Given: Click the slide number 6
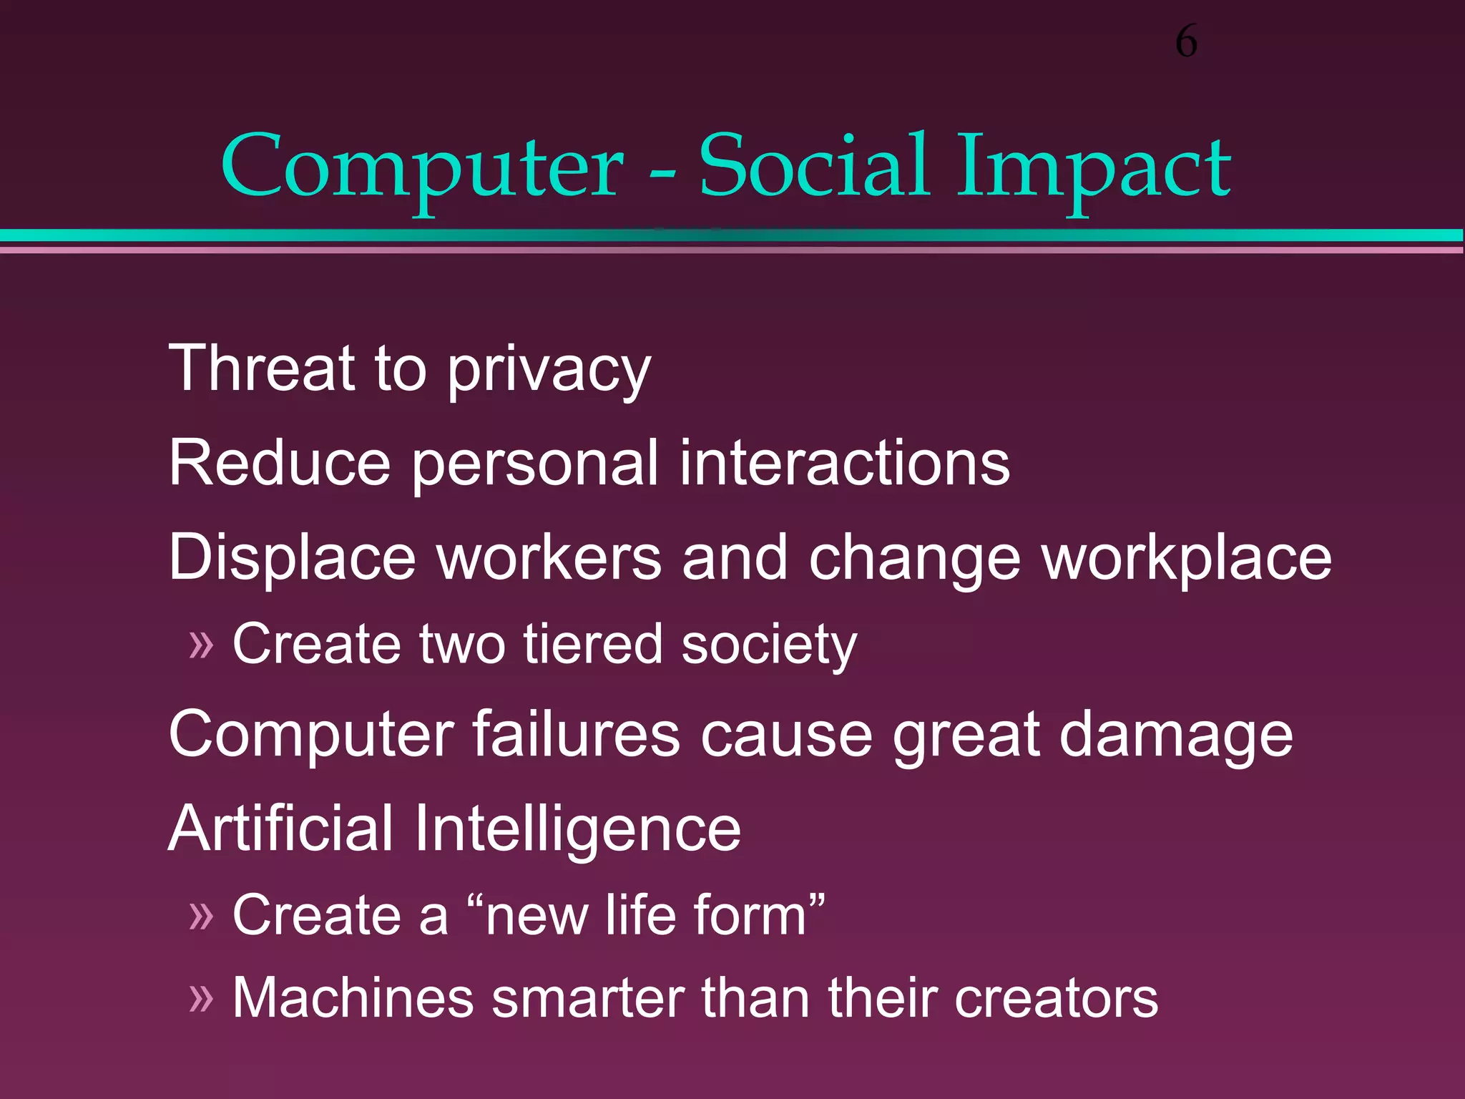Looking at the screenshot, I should click(x=1186, y=41).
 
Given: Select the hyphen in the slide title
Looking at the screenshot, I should click(x=662, y=172).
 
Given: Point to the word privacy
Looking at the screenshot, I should click(x=549, y=372).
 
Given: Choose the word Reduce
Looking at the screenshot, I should click(x=280, y=463).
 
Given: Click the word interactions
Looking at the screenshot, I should click(x=844, y=463).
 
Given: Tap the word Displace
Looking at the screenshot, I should click(x=292, y=558).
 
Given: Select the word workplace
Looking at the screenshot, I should click(x=1187, y=558).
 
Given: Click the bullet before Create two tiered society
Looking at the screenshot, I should click(x=201, y=645).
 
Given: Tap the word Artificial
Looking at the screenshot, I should click(x=280, y=828).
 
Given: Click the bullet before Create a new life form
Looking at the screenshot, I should click(x=201, y=916).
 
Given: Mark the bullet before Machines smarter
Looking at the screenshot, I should click(x=201, y=999).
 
